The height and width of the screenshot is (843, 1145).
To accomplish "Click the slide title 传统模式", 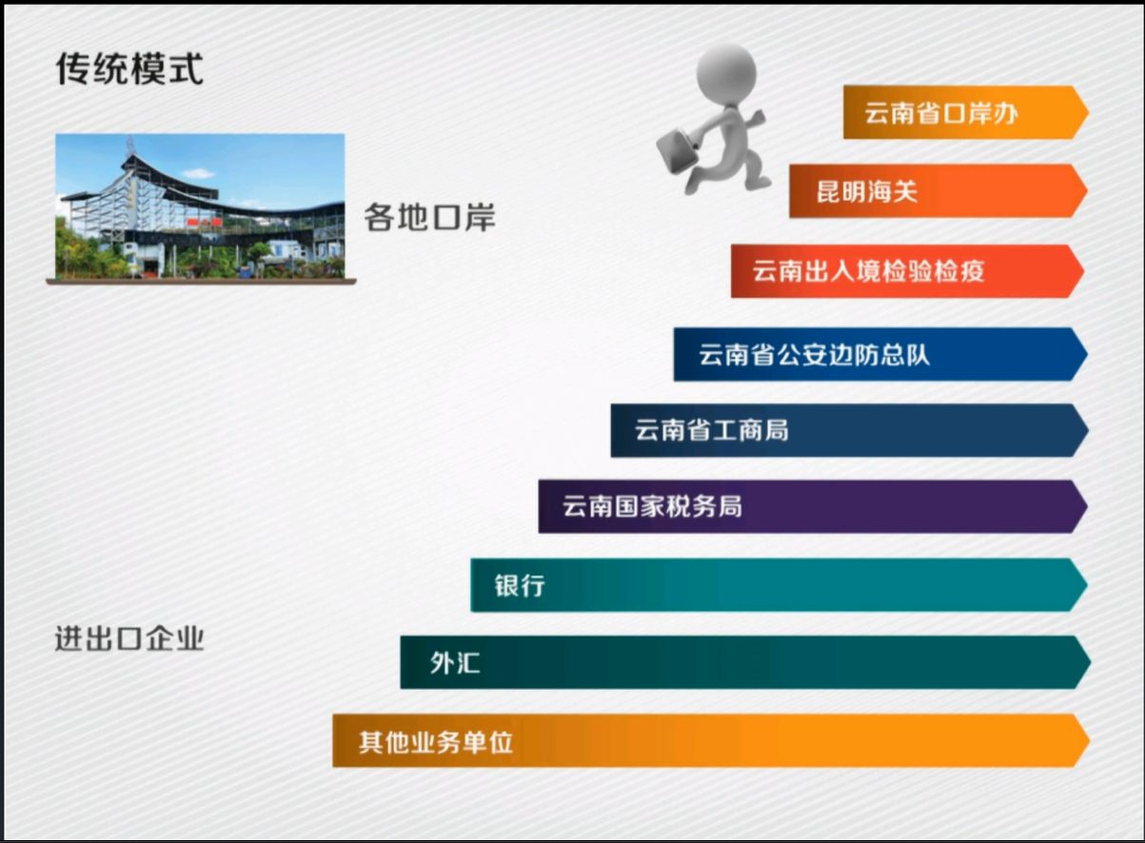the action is [x=129, y=68].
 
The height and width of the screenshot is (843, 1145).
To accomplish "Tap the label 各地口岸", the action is [x=430, y=217].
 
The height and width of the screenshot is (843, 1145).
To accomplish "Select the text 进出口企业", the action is [x=129, y=638].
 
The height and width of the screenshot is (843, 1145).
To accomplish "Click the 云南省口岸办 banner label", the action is [x=941, y=113].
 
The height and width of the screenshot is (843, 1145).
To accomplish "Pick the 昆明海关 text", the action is [x=867, y=191].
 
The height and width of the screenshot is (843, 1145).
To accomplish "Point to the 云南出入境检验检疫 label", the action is [x=868, y=271].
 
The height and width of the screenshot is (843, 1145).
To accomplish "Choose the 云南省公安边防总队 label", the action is [x=815, y=354].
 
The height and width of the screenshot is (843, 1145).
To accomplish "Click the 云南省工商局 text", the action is [x=712, y=430].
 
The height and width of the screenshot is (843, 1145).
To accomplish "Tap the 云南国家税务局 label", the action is [x=652, y=506].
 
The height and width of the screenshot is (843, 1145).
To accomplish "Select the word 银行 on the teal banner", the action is [x=520, y=585].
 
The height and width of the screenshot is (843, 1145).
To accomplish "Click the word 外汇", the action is [x=455, y=662].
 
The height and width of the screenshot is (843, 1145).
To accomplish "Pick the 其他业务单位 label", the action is [x=436, y=742].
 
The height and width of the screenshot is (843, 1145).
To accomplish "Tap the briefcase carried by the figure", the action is [x=677, y=150].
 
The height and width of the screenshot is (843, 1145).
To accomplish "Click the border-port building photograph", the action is [x=200, y=206].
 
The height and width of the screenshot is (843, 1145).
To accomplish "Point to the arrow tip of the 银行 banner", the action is [x=1087, y=585].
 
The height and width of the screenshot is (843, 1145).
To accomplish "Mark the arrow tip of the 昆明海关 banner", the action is [x=1087, y=191].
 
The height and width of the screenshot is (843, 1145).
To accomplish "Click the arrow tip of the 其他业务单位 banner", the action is [x=1089, y=741].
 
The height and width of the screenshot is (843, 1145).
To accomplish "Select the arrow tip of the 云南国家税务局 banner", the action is [x=1087, y=506].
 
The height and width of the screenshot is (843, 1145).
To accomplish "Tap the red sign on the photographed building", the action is [x=204, y=223].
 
